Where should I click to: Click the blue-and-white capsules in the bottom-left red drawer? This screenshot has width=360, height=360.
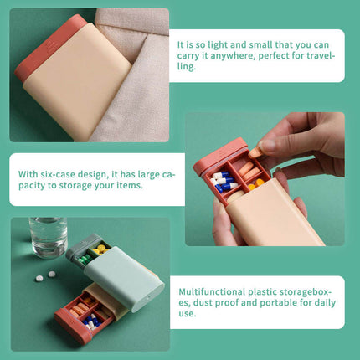click(90, 320)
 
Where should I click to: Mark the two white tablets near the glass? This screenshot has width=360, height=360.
click(46, 275)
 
